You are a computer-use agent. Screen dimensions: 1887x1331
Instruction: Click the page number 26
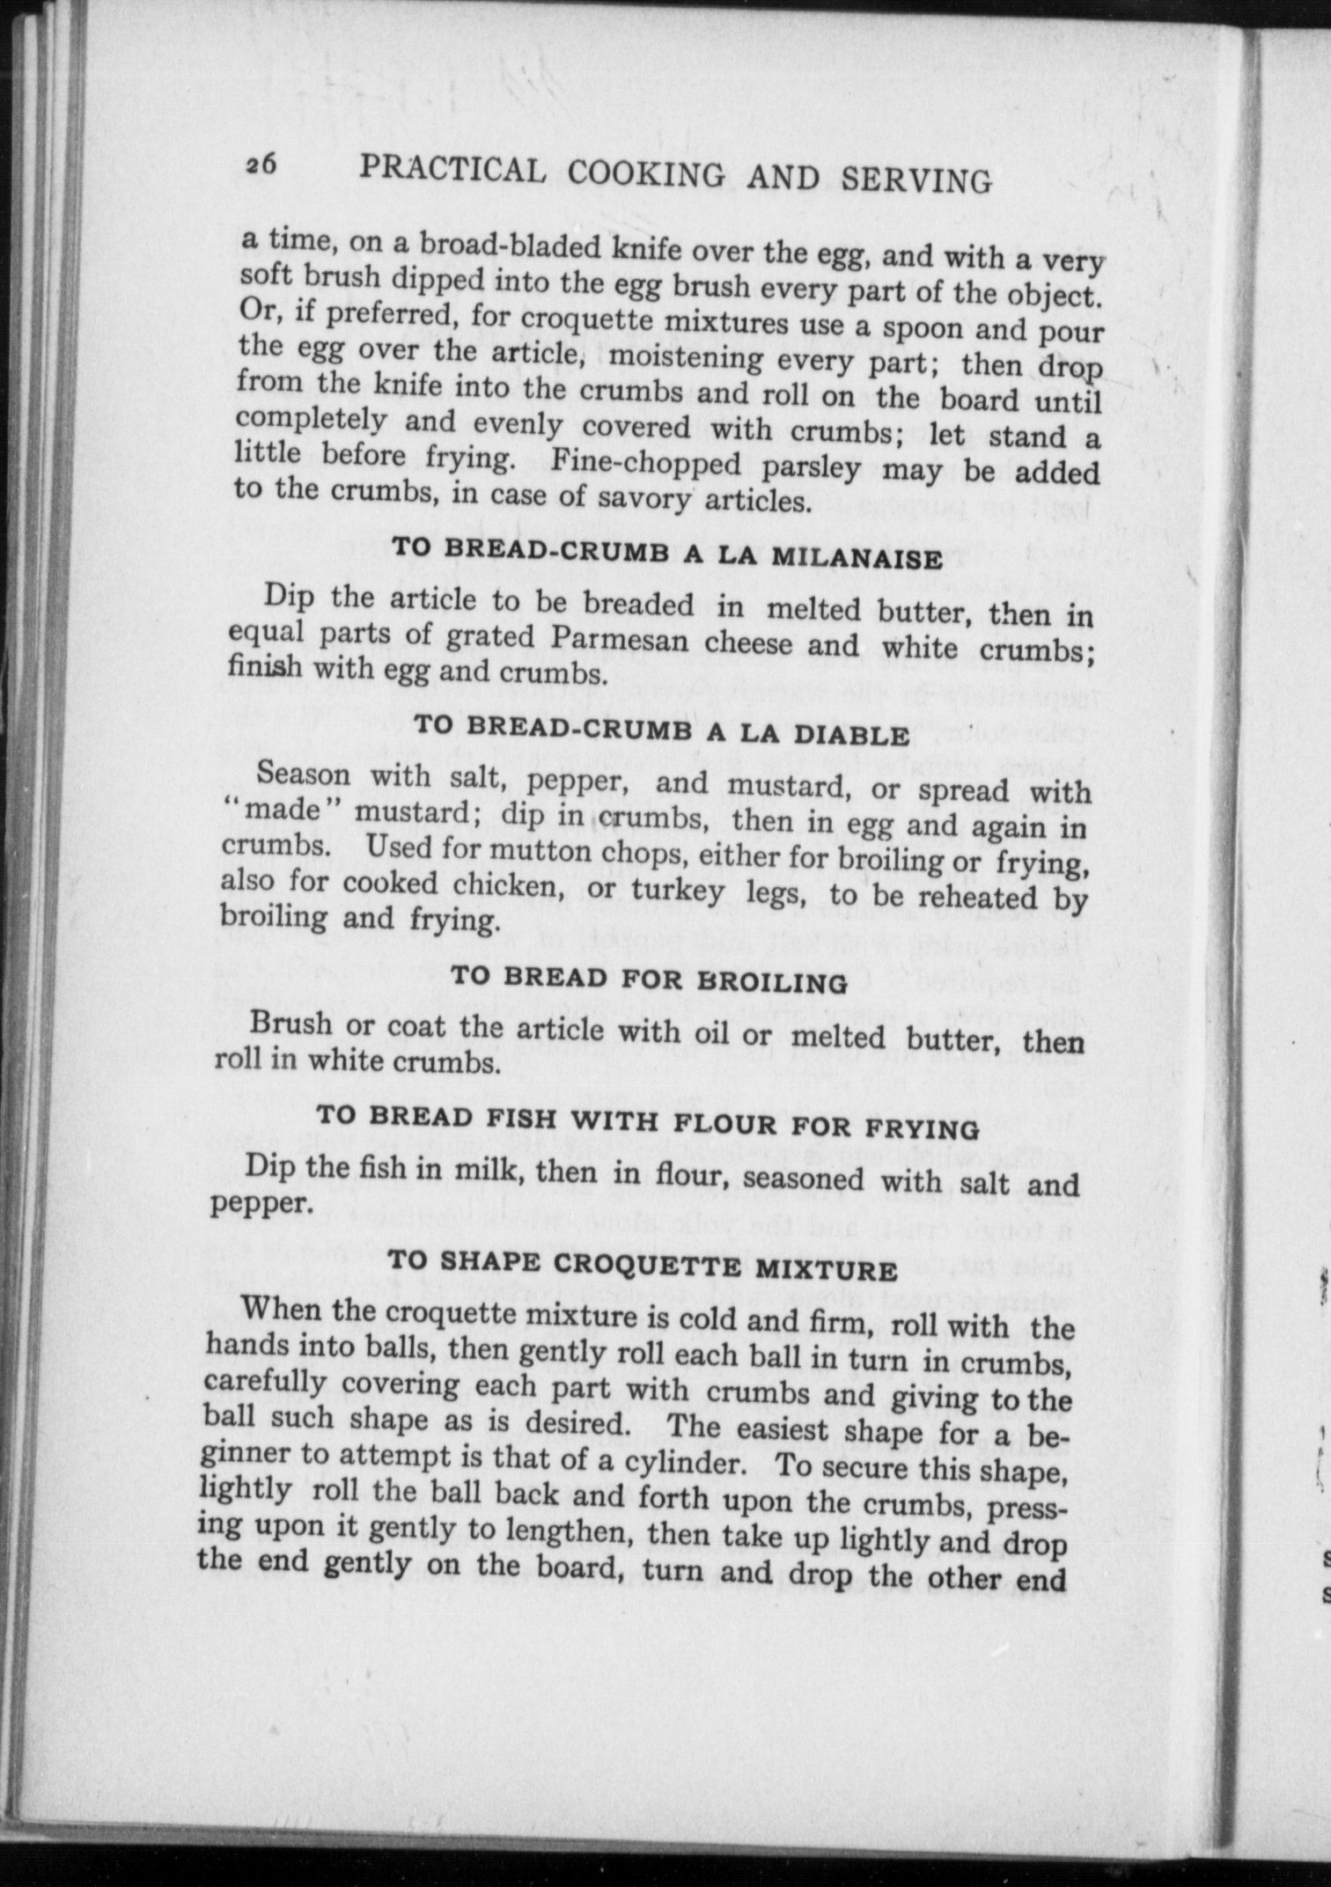[261, 164]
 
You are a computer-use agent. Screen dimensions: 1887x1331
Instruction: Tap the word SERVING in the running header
[916, 180]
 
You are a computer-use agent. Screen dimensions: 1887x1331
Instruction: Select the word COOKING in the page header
[646, 173]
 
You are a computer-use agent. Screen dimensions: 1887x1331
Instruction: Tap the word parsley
[811, 466]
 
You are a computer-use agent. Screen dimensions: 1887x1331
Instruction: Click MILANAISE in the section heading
[857, 557]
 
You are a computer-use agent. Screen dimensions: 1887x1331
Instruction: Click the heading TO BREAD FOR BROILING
[649, 980]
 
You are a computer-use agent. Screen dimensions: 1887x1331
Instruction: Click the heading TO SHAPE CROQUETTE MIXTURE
[642, 1265]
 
